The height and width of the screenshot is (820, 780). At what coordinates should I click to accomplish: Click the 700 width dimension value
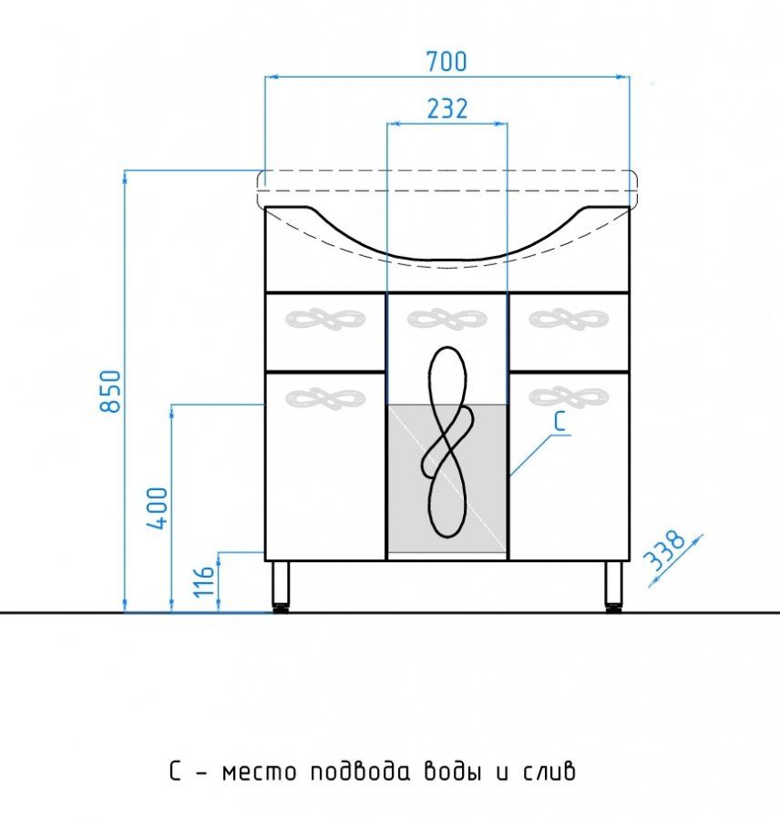[x=446, y=61]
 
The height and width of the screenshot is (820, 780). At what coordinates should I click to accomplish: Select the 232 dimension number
[x=447, y=108]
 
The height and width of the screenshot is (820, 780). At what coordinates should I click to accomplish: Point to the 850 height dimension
[x=111, y=391]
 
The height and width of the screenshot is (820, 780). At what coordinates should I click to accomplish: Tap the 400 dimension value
[x=158, y=507]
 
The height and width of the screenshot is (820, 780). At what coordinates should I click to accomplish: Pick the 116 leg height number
[x=204, y=581]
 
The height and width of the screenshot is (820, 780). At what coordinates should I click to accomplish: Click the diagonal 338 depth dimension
[x=664, y=550]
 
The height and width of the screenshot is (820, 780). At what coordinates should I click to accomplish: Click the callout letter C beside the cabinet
[x=559, y=421]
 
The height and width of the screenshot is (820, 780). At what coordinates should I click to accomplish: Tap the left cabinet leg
[x=281, y=586]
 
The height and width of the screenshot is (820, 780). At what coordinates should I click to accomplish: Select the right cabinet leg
[x=613, y=586]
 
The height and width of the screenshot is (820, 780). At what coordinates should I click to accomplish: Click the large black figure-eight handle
[x=447, y=442]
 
